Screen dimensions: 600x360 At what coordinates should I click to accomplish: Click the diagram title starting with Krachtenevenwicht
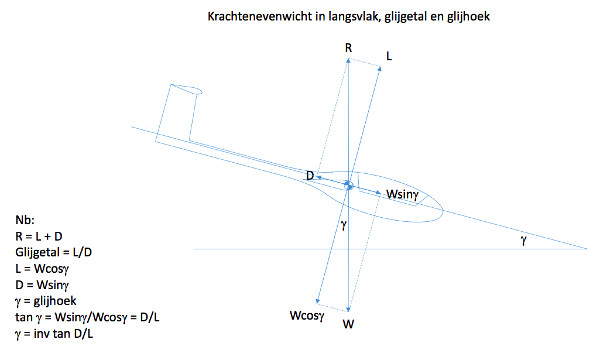coord(349,16)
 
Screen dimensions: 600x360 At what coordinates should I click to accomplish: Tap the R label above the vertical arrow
coord(348,48)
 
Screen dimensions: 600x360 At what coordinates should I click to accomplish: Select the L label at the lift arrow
coord(389,56)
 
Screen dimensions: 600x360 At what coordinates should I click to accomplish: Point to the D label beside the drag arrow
coord(310,176)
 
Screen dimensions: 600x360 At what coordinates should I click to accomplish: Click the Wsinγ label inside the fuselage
coord(402,194)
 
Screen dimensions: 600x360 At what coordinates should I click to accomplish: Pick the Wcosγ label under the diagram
coord(307,316)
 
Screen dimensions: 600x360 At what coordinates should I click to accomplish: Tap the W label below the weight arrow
coord(348,324)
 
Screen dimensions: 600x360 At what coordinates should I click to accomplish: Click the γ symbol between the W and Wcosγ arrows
coord(343,225)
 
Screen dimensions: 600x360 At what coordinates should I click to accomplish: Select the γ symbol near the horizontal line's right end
coord(523,240)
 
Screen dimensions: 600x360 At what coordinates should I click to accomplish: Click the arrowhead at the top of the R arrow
coord(348,60)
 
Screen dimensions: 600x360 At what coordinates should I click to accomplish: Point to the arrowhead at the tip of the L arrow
coord(380,69)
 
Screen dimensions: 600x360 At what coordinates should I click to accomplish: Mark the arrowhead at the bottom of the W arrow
coord(348,309)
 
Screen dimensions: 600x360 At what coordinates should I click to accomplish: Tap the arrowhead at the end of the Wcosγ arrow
coord(317,302)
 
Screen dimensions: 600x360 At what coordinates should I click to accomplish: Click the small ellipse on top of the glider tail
coord(186,89)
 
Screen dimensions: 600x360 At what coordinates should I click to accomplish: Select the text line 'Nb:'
coord(25,220)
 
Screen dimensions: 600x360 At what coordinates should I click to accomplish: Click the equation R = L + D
coord(39,236)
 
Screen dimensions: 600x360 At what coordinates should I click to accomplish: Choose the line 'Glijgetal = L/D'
coord(54,252)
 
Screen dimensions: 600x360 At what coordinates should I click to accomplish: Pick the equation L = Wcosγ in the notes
coord(42,269)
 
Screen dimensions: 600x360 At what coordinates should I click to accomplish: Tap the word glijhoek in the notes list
coord(55,301)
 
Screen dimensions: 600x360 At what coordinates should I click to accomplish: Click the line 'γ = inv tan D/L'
coord(54,334)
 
